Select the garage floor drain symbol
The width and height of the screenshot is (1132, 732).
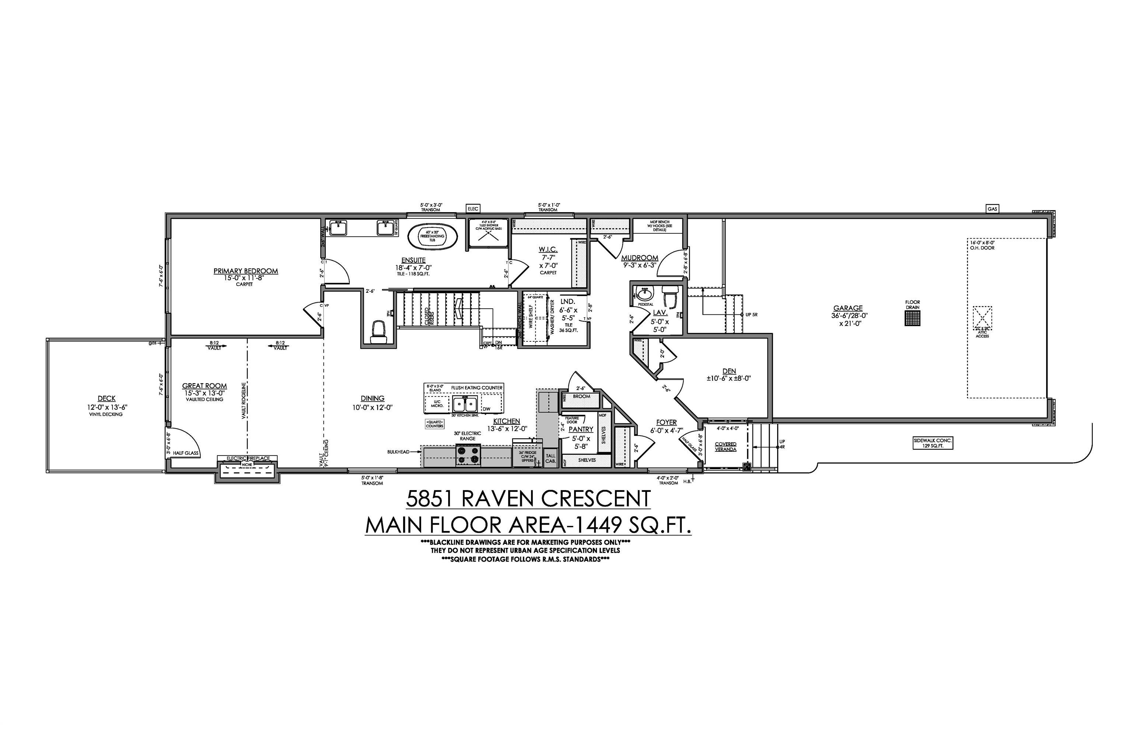point(913,319)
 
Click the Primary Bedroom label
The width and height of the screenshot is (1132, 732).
point(245,271)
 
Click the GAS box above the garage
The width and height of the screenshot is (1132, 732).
point(992,209)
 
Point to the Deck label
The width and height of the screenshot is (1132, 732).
point(106,399)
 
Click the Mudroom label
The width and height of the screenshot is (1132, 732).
point(640,258)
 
